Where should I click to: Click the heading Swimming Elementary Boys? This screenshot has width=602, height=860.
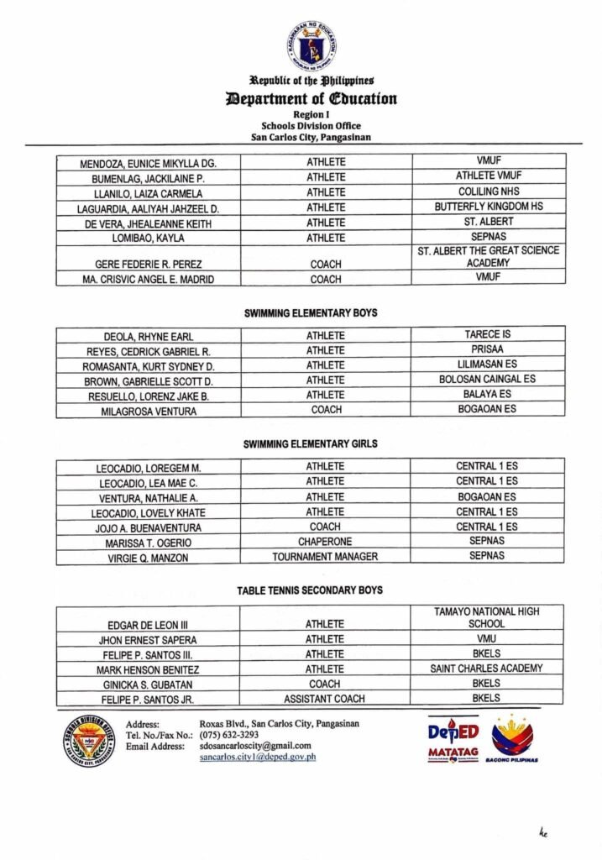pos(310,312)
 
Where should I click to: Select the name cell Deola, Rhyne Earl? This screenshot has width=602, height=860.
pos(148,336)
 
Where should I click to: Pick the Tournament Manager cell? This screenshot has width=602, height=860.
pos(325,557)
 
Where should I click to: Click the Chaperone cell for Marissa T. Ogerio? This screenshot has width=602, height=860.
pos(325,542)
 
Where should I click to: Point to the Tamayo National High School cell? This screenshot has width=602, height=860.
pos(487,618)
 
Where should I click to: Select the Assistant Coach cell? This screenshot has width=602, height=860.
pos(325,699)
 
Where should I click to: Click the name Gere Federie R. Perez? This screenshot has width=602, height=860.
pos(148,264)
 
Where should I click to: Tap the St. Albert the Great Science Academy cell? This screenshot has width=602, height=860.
pos(488,256)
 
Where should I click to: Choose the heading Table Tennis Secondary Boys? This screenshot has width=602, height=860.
pos(310,590)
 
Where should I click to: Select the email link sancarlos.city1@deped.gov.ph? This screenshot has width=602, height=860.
pos(257,757)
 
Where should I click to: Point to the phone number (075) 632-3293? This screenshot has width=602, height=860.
pos(228,734)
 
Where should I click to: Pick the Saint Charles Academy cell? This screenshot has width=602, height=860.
pos(487,669)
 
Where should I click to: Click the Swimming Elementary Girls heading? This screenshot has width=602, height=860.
pos(310,443)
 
